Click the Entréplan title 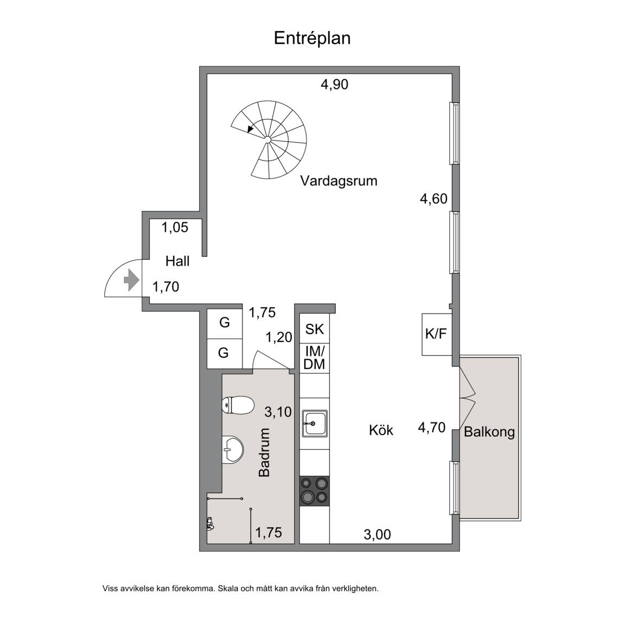312,39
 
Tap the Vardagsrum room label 339,181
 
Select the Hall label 177,262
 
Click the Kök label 381,430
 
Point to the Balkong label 489,432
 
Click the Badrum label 264,452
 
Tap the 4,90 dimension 334,85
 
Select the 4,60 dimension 433,199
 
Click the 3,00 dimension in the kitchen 377,534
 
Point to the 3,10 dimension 278,412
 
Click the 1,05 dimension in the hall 175,228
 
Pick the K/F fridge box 437,334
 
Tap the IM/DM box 315,358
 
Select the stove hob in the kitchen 315,491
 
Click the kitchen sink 315,423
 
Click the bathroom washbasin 232,450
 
